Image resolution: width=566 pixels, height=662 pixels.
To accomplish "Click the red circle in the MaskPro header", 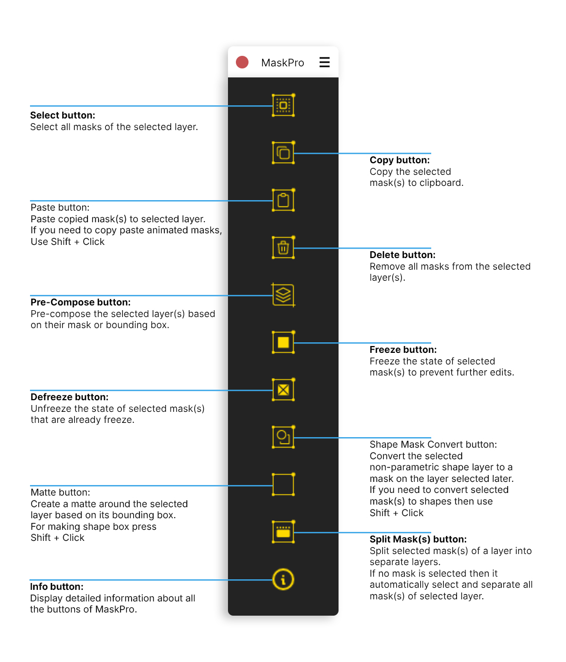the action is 242,62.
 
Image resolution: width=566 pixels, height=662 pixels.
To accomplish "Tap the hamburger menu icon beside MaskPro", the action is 324,62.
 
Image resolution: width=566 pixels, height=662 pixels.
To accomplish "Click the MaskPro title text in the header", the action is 282,63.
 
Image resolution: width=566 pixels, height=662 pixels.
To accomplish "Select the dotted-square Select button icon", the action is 283,105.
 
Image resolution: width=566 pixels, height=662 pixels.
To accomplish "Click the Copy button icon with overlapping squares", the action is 283,152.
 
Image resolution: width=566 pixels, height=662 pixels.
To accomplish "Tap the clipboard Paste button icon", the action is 283,200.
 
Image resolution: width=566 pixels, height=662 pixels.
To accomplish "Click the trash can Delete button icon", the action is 283,247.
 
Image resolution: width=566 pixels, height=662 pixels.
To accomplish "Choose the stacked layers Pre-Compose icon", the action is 283,294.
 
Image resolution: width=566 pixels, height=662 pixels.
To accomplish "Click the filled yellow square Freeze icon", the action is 283,342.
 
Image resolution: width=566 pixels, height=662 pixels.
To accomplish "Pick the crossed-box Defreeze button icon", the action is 283,389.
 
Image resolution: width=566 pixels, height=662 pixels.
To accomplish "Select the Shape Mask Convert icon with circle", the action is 283,437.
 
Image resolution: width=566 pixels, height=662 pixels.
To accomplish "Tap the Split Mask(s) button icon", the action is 283,531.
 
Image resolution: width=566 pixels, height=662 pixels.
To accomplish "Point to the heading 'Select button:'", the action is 63,115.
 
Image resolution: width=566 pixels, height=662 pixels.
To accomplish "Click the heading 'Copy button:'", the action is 399,160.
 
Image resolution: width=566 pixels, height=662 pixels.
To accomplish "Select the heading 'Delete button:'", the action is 402,254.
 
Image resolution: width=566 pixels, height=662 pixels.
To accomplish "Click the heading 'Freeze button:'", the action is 403,349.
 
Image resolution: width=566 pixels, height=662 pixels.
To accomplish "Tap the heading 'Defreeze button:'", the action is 69,397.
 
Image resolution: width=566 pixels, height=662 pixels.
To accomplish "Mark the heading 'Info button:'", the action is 57,586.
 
